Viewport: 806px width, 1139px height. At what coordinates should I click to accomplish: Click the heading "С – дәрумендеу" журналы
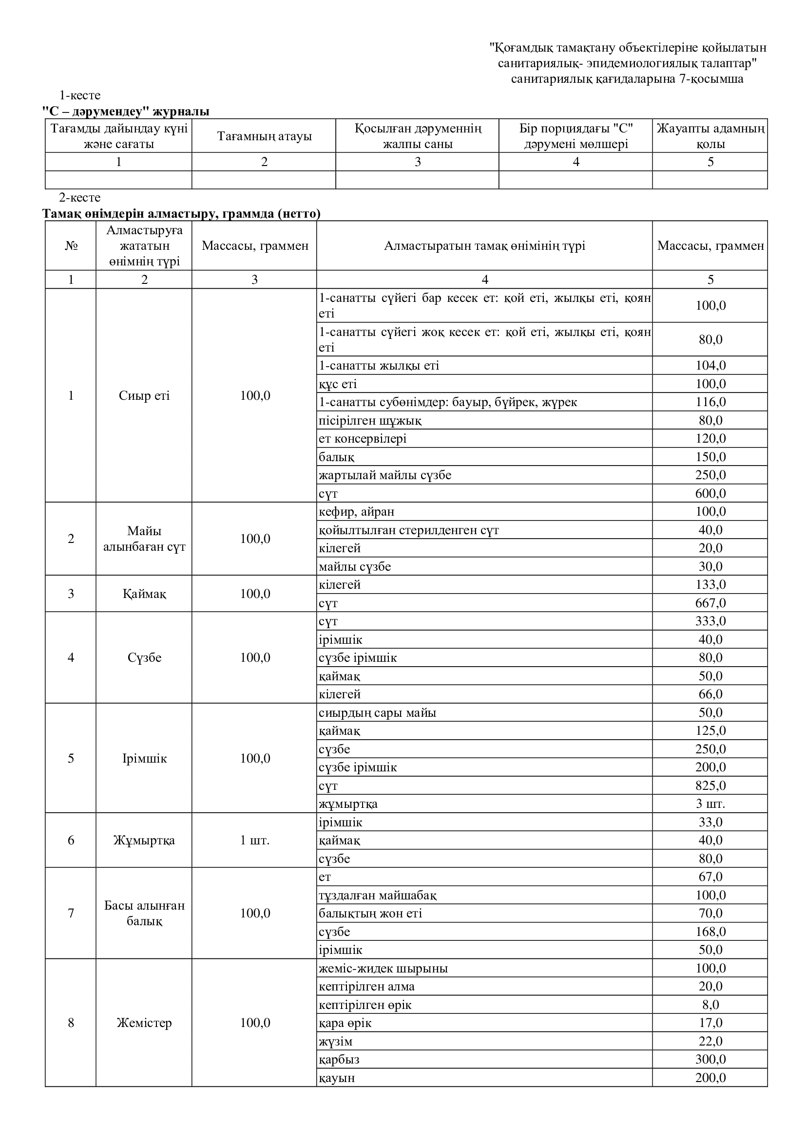tap(126, 112)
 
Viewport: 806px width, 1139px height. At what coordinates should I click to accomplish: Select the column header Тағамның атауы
tap(264, 136)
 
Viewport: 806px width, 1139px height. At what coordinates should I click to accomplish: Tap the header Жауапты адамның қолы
tap(710, 136)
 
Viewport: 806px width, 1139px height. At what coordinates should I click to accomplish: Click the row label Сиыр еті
tap(144, 396)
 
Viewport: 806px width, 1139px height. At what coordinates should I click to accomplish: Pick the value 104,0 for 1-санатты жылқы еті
tap(710, 366)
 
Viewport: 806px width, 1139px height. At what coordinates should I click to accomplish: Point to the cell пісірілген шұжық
tap(370, 421)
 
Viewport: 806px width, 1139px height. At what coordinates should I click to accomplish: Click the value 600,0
tap(710, 494)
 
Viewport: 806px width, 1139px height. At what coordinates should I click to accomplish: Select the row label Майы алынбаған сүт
tap(144, 539)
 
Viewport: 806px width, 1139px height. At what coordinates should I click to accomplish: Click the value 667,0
tap(710, 603)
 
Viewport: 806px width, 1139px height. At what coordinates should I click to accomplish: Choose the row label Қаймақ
tap(144, 594)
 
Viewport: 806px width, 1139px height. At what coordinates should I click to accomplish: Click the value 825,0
tap(710, 786)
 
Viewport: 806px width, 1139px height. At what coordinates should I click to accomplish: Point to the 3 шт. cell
tap(710, 803)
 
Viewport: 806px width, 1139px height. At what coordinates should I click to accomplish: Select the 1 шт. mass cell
tap(254, 840)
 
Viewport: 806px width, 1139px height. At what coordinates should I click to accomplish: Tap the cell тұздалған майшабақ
tap(378, 896)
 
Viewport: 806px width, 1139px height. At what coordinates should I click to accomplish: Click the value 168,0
tap(710, 932)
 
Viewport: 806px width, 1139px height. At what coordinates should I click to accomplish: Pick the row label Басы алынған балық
tap(144, 913)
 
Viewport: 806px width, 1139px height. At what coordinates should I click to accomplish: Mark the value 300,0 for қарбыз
tap(710, 1060)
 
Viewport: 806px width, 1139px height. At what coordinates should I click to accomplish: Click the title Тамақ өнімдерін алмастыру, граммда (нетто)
tap(181, 214)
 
